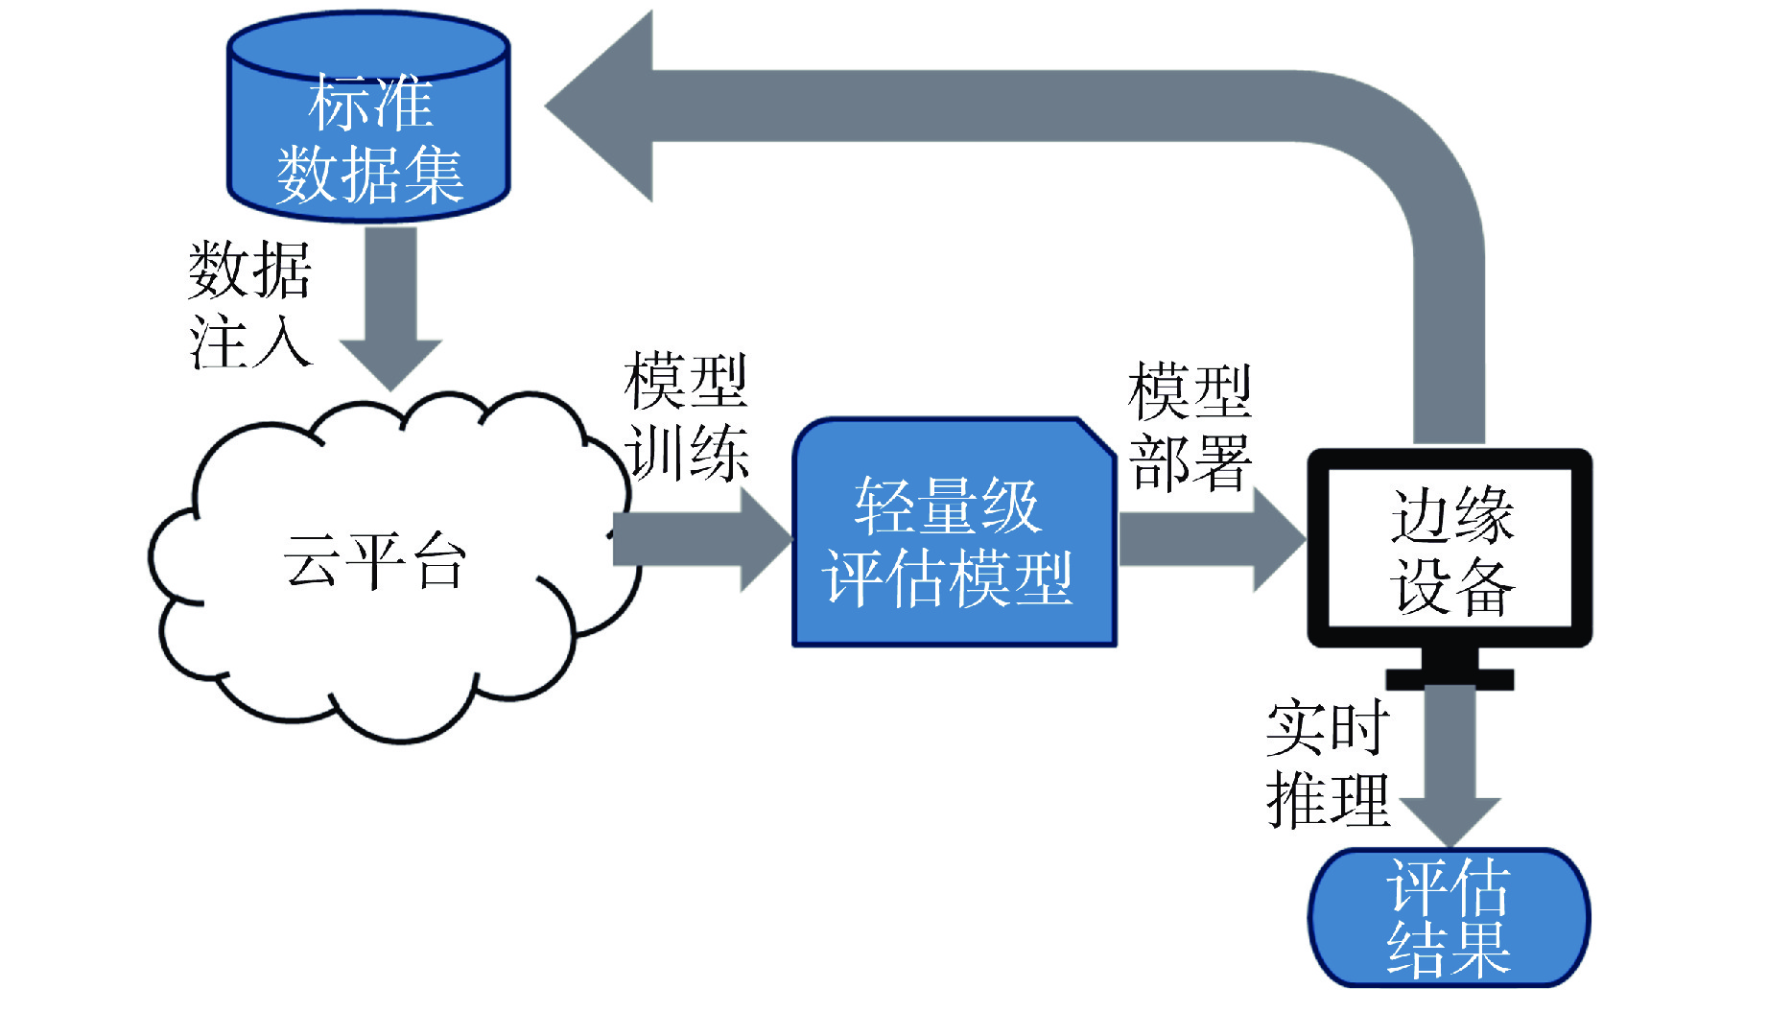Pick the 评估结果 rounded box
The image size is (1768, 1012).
[x=1449, y=917]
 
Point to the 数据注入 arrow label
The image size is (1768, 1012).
[x=249, y=304]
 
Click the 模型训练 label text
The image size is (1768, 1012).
[x=685, y=415]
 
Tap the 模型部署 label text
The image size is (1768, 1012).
[x=1190, y=427]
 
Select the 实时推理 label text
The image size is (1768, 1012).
[x=1328, y=764]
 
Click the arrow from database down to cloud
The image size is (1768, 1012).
[x=390, y=307]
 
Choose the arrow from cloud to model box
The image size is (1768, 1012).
[x=700, y=538]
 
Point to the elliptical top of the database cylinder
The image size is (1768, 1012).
[x=368, y=43]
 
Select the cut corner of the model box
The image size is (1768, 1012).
[x=1096, y=437]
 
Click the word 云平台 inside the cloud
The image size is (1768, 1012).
[x=374, y=560]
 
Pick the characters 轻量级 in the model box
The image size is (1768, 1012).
[x=947, y=506]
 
